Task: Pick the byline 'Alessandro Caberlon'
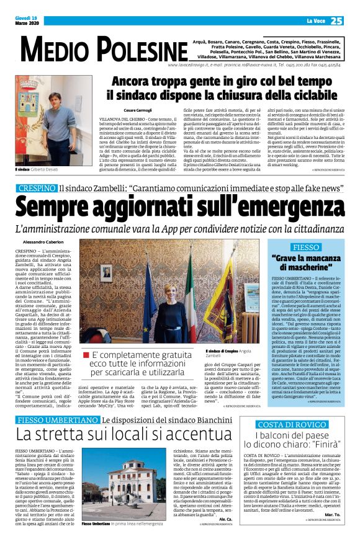[43, 241]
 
